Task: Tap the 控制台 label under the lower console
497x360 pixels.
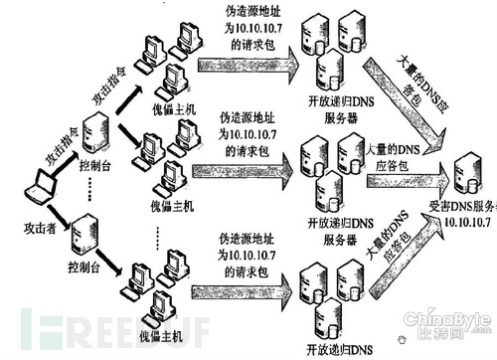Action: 84,268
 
